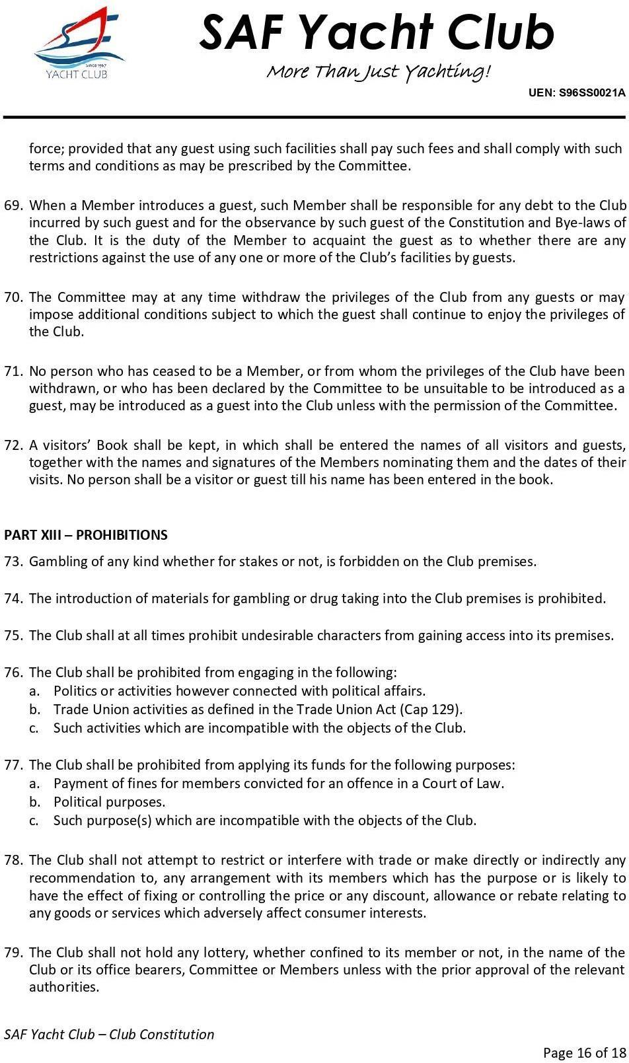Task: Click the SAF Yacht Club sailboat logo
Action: click(x=79, y=44)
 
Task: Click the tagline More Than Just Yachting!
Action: click(x=379, y=71)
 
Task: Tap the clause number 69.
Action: click(x=13, y=205)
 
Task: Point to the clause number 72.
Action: click(x=13, y=445)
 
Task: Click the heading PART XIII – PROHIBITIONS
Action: click(x=86, y=535)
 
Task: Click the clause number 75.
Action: click(x=13, y=636)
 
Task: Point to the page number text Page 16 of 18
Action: click(x=583, y=1052)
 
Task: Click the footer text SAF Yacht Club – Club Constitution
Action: click(x=110, y=1034)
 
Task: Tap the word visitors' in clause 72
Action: click(x=74, y=445)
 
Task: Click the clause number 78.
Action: click(x=13, y=860)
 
